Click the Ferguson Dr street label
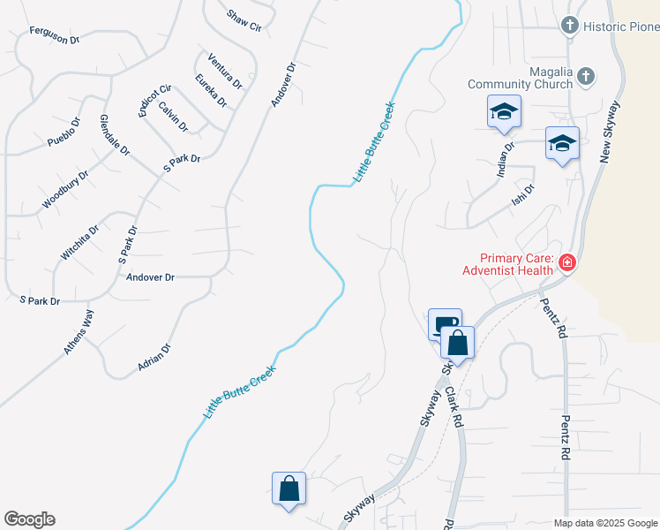(55, 34)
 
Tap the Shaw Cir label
(244, 20)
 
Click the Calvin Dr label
(173, 116)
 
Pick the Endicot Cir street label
(154, 102)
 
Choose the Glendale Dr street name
(115, 135)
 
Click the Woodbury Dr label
(65, 190)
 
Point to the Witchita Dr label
(79, 242)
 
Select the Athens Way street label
(79, 332)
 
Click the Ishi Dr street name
(524, 195)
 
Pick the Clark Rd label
(454, 406)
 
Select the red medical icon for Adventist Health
(566, 262)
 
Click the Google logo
(29, 519)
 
